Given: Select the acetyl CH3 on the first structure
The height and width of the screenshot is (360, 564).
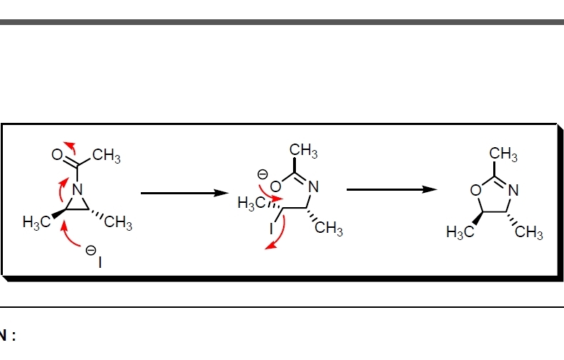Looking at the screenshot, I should (x=107, y=154).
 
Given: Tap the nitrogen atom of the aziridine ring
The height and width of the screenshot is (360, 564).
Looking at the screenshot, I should (x=78, y=190).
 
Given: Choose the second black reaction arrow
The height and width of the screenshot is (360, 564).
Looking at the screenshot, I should (x=391, y=190).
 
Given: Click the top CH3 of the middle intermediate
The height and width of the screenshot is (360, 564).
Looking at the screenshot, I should (x=304, y=151).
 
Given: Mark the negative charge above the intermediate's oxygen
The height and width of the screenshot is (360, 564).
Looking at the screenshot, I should (x=262, y=174).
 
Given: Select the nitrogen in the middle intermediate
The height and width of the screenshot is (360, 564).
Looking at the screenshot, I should (x=312, y=187).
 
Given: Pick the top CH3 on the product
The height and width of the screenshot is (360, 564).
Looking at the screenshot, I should (x=503, y=154).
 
